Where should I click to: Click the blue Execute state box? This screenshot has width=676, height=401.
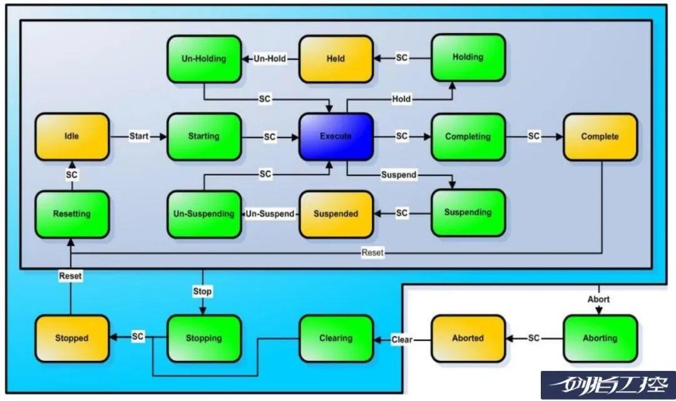coord(336,136)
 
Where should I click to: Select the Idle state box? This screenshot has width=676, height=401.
coord(72,136)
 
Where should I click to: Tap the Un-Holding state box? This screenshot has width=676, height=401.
coord(204,59)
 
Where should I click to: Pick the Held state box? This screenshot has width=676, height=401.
coord(336,59)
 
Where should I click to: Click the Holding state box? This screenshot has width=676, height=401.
coord(468,58)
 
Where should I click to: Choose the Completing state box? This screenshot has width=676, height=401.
coord(468,136)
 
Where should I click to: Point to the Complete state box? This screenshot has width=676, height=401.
coord(600,136)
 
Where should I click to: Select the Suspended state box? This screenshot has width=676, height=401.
coord(336,214)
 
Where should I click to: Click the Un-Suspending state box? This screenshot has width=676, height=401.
coord(204,214)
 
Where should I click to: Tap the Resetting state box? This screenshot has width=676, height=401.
coord(72,214)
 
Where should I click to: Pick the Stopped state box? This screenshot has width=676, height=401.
coord(72,338)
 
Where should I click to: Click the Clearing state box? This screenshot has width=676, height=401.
coord(336,338)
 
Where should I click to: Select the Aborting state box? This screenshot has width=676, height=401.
coord(600,338)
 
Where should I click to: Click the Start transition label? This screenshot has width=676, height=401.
coord(139,136)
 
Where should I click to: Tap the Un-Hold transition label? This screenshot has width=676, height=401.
coord(270,59)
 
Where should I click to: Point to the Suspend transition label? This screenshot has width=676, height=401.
coord(399,175)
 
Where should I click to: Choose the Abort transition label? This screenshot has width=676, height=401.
coord(598,300)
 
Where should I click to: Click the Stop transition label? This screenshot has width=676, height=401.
coord(202,292)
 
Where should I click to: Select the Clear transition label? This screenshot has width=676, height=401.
coord(402,340)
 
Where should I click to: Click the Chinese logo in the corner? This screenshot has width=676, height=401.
coord(608,385)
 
